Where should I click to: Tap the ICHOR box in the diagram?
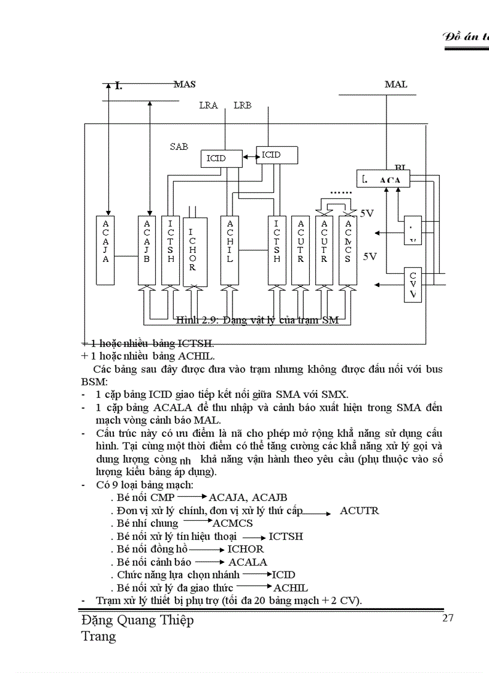tap(193, 251)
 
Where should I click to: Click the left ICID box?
tap(216, 158)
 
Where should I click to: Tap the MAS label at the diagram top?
tap(185, 84)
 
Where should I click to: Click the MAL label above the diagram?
tap(396, 84)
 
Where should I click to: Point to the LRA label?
tap(208, 105)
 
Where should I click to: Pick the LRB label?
tap(242, 105)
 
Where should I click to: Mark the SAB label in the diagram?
tap(179, 146)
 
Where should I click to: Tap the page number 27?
tap(448, 618)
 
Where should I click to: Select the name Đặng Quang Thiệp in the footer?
tap(137, 620)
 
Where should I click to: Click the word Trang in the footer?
tap(98, 636)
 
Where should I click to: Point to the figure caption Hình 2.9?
tap(258, 320)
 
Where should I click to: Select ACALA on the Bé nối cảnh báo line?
tap(247, 562)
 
